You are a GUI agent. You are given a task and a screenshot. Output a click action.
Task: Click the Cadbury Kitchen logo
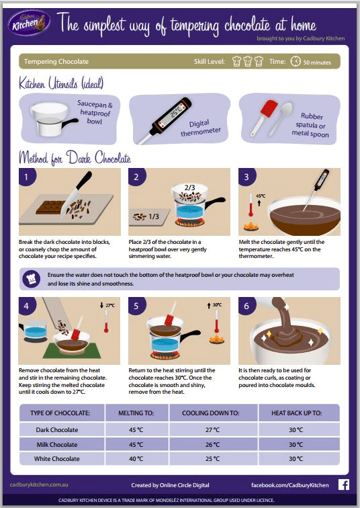(28, 25)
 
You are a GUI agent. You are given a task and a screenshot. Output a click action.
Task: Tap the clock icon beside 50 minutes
(296, 61)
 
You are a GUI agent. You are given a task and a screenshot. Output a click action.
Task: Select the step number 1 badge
(26, 178)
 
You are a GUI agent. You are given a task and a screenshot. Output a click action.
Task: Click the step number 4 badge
(26, 307)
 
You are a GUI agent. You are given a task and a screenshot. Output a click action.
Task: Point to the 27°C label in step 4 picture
(111, 306)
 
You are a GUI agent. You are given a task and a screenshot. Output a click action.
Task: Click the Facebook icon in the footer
(343, 484)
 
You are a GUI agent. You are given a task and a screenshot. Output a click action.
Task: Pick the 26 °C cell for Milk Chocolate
(212, 444)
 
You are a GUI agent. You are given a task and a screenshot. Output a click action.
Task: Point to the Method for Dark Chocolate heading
(75, 159)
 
